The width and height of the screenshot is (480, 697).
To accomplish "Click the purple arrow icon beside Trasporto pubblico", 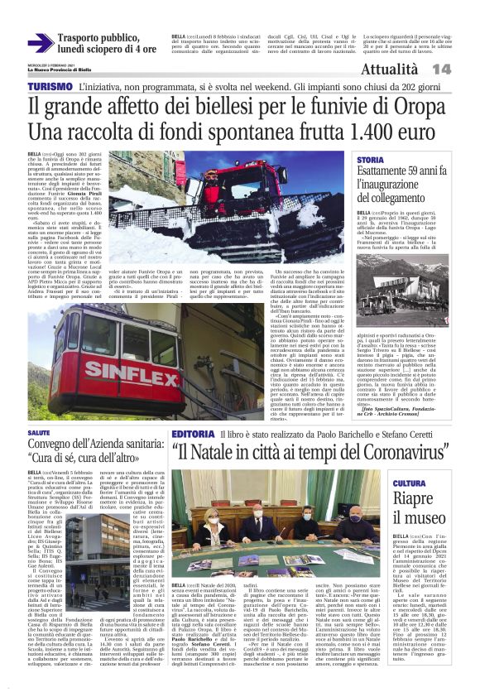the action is click(x=39, y=43).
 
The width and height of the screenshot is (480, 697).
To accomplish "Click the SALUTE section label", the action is click(x=39, y=433).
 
